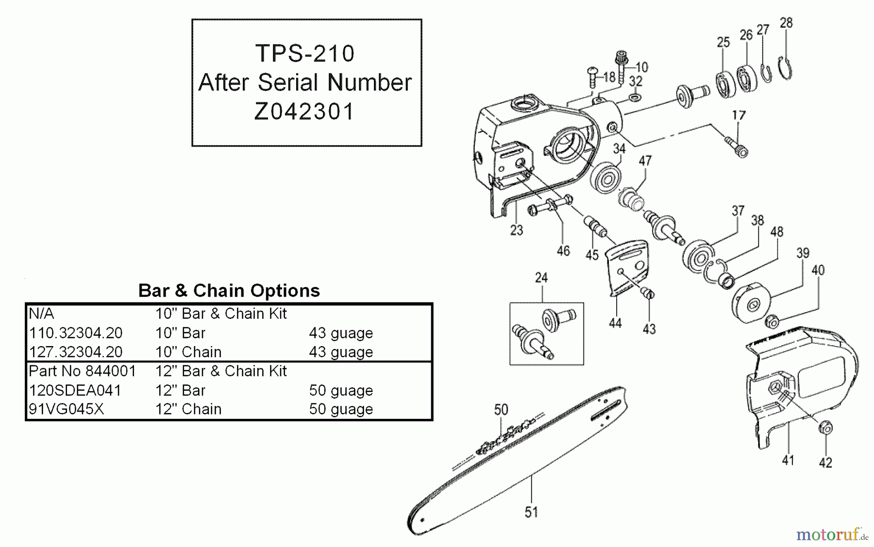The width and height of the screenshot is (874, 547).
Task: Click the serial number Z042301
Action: pyautogui.click(x=304, y=112)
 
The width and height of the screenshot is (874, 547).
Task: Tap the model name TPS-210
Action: pyautogui.click(x=305, y=53)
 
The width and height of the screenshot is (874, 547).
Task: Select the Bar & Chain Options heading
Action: pyautogui.click(x=229, y=290)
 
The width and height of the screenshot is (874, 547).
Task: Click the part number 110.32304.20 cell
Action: pyautogui.click(x=76, y=333)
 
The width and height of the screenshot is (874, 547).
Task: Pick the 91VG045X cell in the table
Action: pyautogui.click(x=67, y=409)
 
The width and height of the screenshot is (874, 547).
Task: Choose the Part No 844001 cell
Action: pyautogui.click(x=83, y=371)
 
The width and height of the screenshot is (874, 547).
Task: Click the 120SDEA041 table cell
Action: pyautogui.click(x=75, y=390)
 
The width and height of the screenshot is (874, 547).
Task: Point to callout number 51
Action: pyautogui.click(x=531, y=512)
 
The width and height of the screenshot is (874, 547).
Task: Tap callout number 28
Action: pyautogui.click(x=786, y=23)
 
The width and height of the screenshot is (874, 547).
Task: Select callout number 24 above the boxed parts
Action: pyautogui.click(x=541, y=278)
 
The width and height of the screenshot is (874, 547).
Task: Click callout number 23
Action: pyautogui.click(x=517, y=230)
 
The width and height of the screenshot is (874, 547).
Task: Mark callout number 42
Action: pyautogui.click(x=825, y=463)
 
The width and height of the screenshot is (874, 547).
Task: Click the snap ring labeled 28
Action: pyautogui.click(x=785, y=68)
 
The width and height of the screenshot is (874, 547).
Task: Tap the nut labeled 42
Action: pyautogui.click(x=825, y=428)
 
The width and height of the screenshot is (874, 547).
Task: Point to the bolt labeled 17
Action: pyautogui.click(x=738, y=147)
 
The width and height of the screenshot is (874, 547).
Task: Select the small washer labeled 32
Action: pyautogui.click(x=635, y=98)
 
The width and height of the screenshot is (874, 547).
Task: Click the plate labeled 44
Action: pyautogui.click(x=628, y=267)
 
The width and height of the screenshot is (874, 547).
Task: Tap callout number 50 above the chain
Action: pyautogui.click(x=501, y=410)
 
